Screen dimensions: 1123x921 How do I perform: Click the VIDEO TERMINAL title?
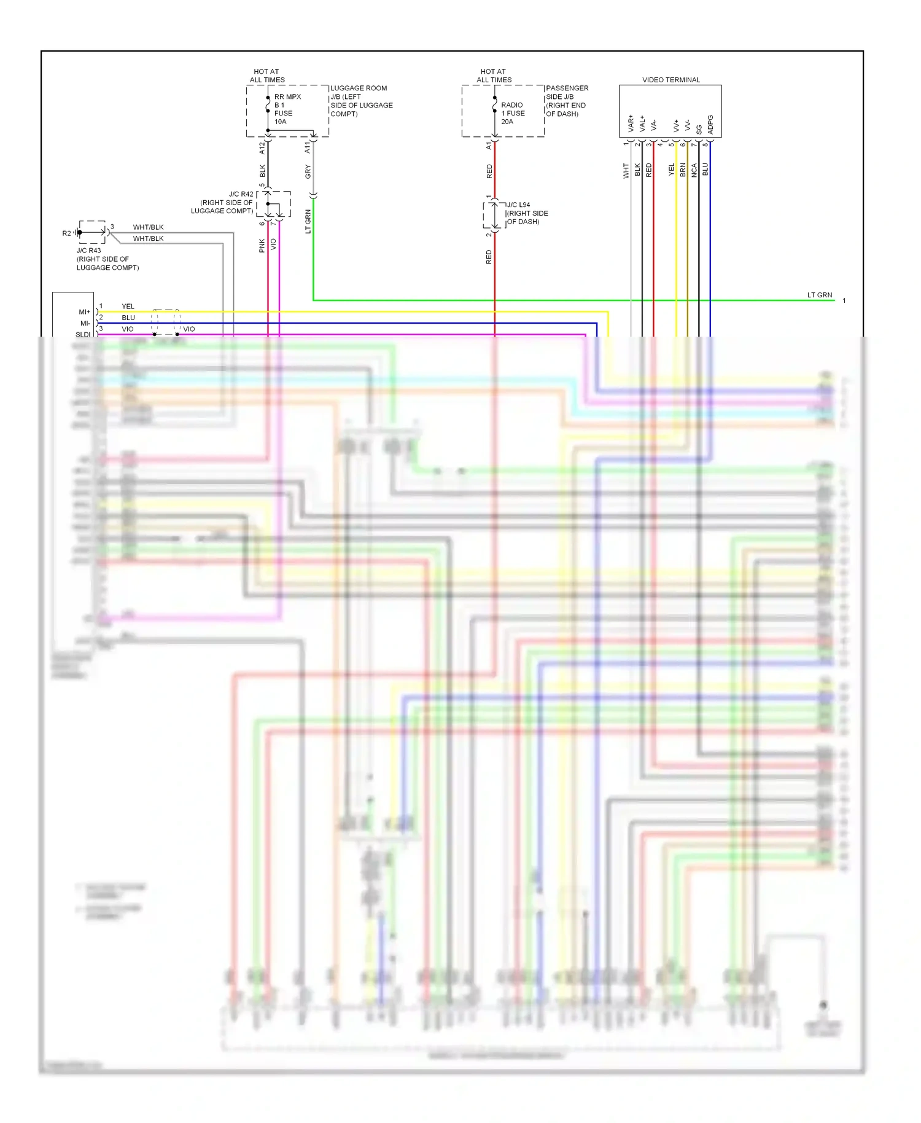coord(670,80)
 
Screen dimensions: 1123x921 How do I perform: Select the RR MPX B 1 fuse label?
coord(287,109)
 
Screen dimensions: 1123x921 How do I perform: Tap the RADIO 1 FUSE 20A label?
coord(513,113)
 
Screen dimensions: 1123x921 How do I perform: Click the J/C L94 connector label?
coord(518,205)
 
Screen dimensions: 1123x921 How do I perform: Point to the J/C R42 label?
coord(241,194)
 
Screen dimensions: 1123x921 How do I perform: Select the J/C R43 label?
coord(89,251)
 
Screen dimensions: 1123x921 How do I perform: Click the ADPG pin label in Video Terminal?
coord(710,125)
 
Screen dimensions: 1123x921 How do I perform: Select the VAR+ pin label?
coord(631,123)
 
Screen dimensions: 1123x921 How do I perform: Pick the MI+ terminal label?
coord(84,312)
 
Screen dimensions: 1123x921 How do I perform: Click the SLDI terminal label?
coord(83,334)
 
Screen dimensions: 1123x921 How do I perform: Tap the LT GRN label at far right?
coord(819,295)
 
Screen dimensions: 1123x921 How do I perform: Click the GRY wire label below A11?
coord(308,172)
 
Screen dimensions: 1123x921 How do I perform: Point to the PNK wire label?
coord(262,246)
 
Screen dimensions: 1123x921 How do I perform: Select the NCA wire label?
coord(694,170)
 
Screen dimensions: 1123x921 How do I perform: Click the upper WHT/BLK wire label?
coord(148,227)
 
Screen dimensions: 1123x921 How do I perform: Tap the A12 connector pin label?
coord(262,147)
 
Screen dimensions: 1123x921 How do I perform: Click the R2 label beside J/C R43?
coord(66,233)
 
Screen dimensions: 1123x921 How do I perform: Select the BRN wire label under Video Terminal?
coord(683,170)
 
